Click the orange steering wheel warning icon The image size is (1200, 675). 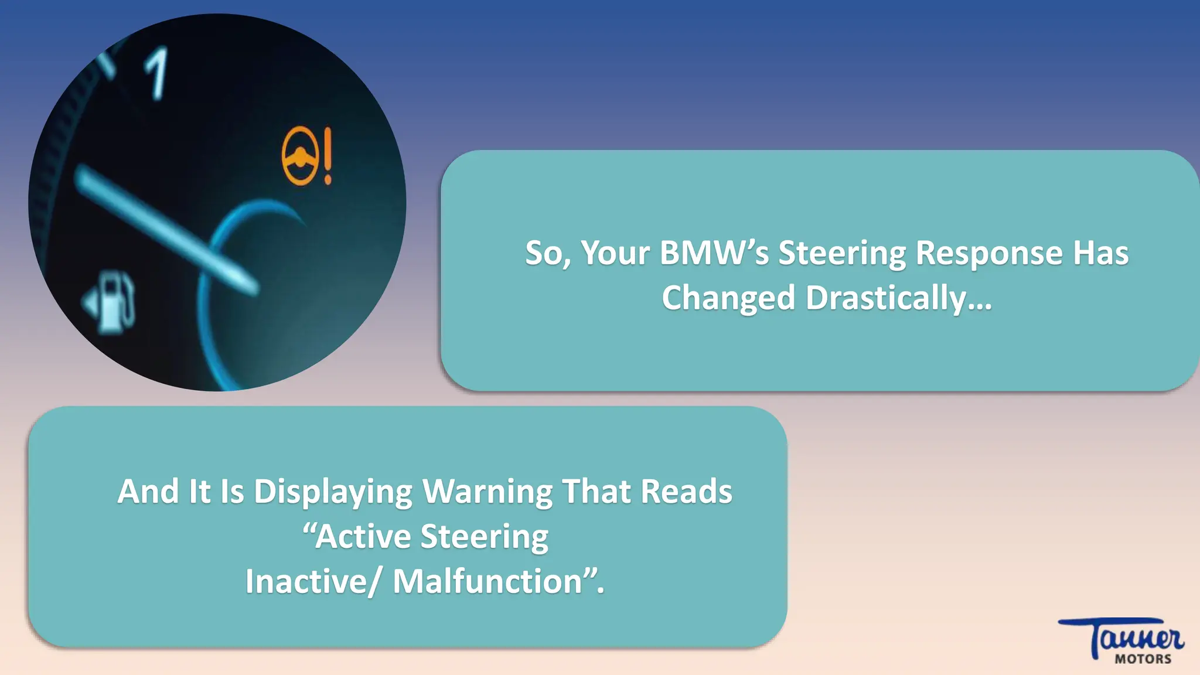coord(300,156)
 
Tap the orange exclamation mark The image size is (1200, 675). coord(328,156)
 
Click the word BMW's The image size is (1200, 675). coord(714,253)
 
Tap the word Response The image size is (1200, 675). coord(989,253)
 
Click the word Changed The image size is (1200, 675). coord(728,298)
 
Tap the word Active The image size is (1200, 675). coord(363,536)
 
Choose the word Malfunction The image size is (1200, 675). coord(488,581)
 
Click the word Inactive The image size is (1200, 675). coord(306,581)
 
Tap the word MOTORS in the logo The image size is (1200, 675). coord(1143,659)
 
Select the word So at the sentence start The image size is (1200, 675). coord(546,253)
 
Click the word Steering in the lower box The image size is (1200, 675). coord(484,536)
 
